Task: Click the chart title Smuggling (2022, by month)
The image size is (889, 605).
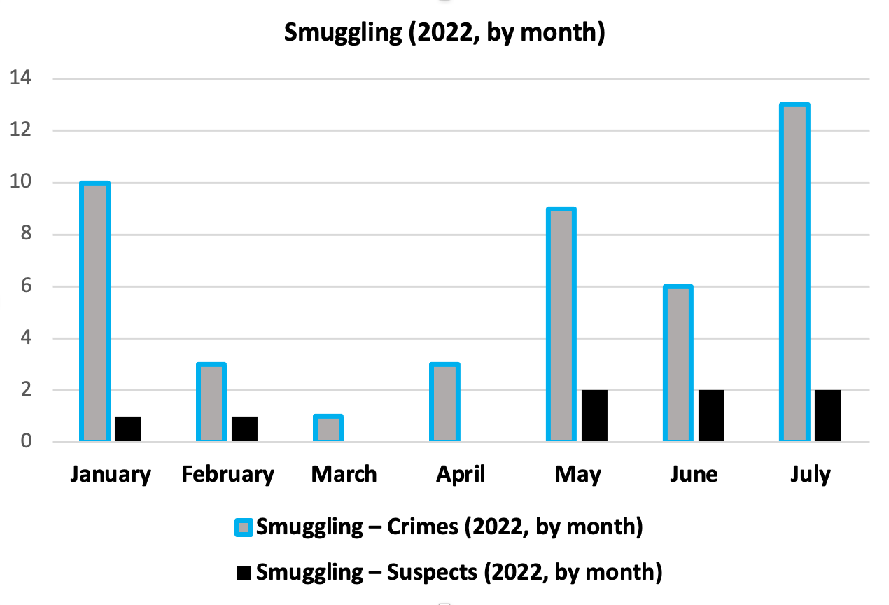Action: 444,32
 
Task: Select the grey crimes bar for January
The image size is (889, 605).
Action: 95,312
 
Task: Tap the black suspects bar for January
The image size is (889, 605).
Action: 128,429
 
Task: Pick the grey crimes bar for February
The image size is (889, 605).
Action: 211,403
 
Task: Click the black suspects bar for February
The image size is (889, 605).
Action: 244,429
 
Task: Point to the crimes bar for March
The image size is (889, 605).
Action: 328,429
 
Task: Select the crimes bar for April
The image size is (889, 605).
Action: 444,403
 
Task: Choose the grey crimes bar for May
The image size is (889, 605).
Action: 561,325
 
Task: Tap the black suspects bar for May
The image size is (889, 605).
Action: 594,416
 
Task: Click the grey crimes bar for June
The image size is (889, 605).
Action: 677,364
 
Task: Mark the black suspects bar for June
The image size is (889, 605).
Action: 710,416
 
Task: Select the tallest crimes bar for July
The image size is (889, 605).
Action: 794,273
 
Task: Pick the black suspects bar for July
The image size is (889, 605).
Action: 827,416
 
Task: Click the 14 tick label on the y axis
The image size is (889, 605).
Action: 20,78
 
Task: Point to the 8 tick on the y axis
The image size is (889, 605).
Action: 25,235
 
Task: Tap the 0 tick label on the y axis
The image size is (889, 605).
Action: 25,442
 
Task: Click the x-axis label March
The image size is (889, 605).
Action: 344,475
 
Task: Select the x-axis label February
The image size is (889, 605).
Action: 227,475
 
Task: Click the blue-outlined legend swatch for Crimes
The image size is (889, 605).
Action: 244,527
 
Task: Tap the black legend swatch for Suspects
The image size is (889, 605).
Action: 244,573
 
